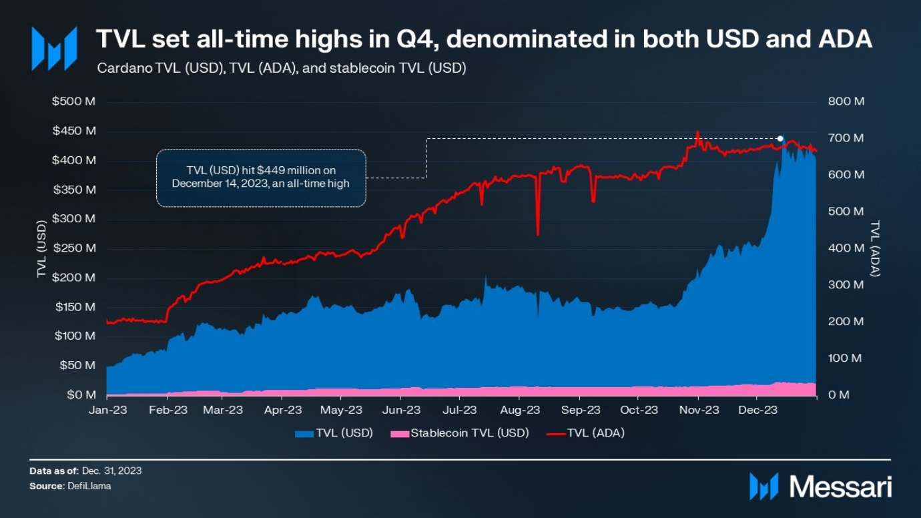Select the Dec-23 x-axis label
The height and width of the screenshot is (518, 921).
[x=757, y=410]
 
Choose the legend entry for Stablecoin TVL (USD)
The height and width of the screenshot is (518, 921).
[x=469, y=433]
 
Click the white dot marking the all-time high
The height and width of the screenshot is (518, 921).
[x=781, y=138]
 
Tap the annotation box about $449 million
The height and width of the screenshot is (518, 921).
[x=260, y=178]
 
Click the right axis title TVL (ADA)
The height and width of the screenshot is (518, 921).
[x=876, y=248]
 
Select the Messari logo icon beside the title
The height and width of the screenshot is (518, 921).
[x=54, y=49]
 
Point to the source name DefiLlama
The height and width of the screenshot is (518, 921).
[x=89, y=487]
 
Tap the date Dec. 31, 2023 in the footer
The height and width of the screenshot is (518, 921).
[x=111, y=471]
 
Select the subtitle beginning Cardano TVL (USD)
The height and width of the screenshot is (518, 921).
[x=281, y=68]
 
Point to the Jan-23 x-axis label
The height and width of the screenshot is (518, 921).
[x=107, y=410]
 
